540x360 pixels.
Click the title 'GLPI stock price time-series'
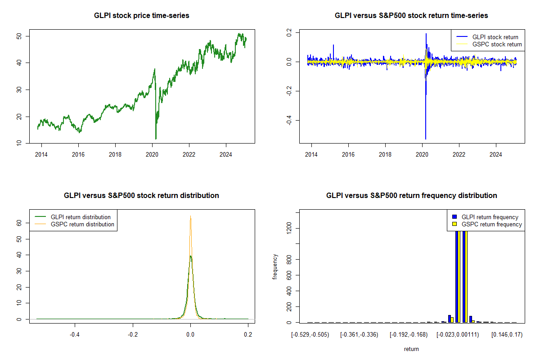(141, 16)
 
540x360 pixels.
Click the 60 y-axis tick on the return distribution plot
(20, 222)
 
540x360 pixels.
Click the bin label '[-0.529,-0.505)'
(310, 335)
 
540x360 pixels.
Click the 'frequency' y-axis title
(275, 267)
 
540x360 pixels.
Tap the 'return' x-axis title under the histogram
(411, 349)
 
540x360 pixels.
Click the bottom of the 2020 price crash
(156, 139)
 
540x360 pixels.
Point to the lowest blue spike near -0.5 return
(425, 139)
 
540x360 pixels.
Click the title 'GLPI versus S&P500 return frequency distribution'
(411, 196)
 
